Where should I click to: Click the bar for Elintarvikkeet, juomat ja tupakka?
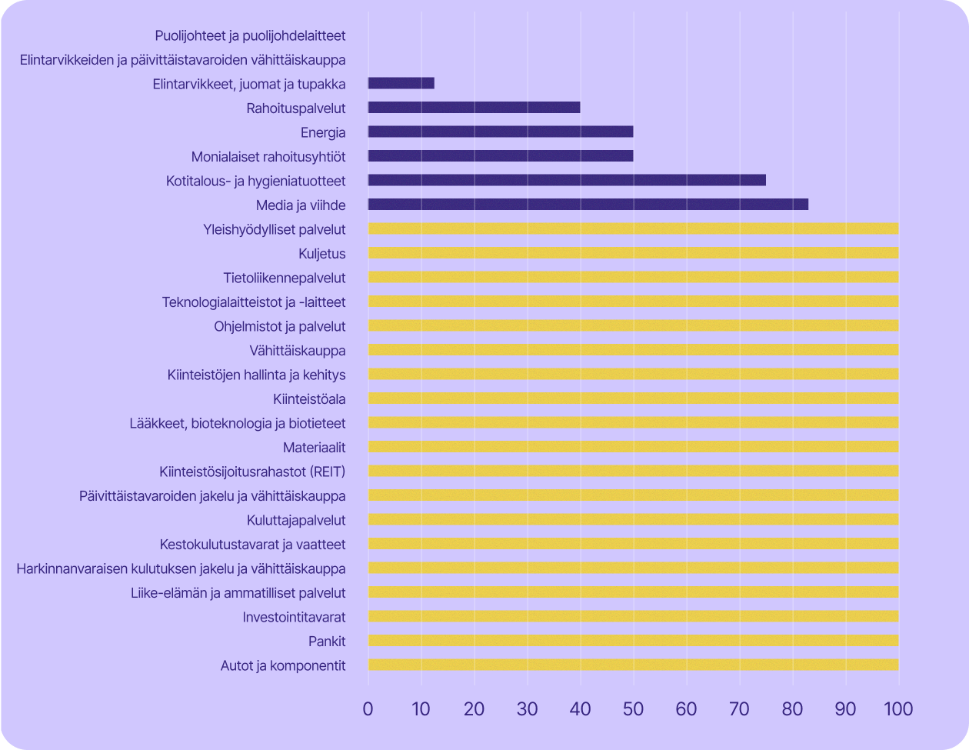(x=401, y=83)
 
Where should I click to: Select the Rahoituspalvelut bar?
(x=474, y=108)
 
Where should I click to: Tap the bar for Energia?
(x=501, y=132)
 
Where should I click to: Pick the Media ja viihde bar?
(x=588, y=205)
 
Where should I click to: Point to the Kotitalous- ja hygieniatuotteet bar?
(x=567, y=180)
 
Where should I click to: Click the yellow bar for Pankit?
(x=633, y=641)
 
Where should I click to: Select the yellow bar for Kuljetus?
(x=633, y=253)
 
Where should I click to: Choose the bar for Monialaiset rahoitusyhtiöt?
(x=501, y=156)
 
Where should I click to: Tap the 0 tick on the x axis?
(x=368, y=708)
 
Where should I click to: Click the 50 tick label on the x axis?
(x=633, y=708)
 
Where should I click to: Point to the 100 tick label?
(x=898, y=708)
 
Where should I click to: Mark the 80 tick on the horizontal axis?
(x=792, y=708)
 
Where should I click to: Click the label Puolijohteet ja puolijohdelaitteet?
(x=250, y=35)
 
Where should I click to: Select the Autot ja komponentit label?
(x=283, y=665)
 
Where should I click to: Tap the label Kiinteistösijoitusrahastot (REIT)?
(x=252, y=471)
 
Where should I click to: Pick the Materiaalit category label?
(x=314, y=447)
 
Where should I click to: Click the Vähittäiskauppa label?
(x=298, y=351)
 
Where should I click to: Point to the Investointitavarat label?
(x=294, y=617)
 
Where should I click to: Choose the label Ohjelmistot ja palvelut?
(x=280, y=326)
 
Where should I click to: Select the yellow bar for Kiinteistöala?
(x=633, y=398)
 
